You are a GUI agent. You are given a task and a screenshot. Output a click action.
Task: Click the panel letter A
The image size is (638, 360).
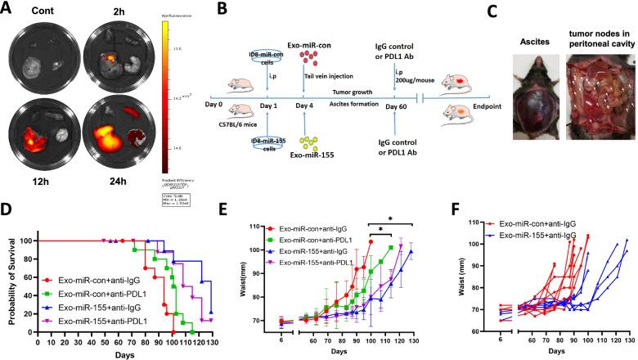point(10,11)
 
